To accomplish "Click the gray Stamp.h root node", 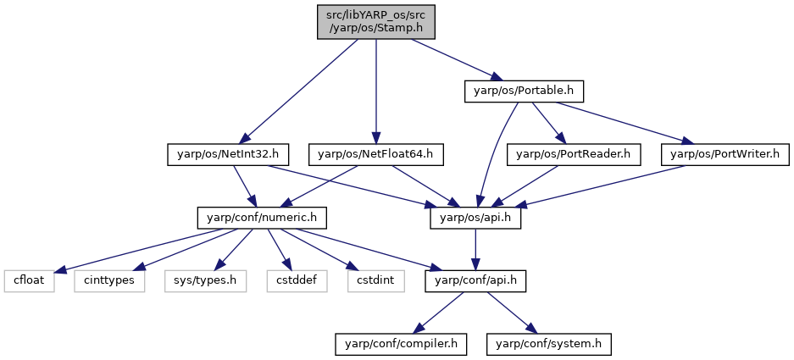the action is coord(375,22).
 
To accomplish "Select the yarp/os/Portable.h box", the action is coord(525,91).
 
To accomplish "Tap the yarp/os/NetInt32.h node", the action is coord(228,154).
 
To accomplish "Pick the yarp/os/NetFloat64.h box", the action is coord(375,154).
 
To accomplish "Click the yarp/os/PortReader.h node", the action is coord(574,154).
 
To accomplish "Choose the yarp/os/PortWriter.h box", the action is coord(725,154).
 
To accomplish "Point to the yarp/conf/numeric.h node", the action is coord(262,218).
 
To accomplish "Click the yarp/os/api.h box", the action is coord(475,218).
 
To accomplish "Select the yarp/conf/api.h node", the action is coord(475,281).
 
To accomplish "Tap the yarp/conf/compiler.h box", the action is coord(401,344).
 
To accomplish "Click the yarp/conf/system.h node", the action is coord(549,344).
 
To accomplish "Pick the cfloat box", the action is coord(29,281).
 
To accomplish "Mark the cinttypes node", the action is coord(109,281).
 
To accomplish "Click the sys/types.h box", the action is coord(206,281).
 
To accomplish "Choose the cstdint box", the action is coord(376,281).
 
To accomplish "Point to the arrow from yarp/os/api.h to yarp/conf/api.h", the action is coord(475,250).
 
